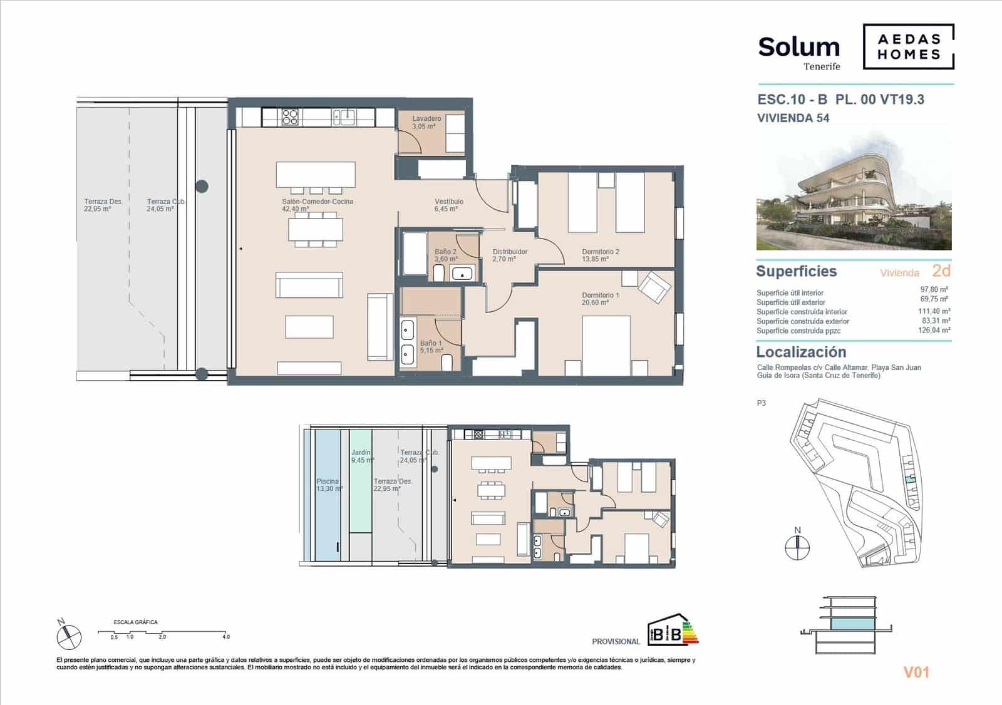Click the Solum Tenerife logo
799,52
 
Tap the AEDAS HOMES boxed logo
908,46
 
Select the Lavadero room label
426,119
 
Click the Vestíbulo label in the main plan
449,202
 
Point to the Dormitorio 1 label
601,296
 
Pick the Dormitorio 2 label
601,252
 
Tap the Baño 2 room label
446,252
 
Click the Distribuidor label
510,252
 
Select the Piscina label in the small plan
328,482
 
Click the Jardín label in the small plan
361,452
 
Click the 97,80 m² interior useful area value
934,290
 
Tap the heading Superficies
796,271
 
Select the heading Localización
801,352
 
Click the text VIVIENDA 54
793,118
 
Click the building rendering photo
854,191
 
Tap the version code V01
916,672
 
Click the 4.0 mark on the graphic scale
226,637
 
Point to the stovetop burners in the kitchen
289,117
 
